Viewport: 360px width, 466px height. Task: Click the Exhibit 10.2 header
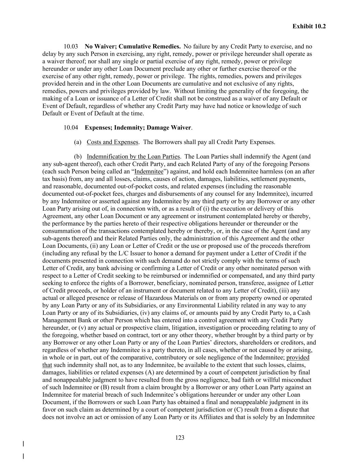coord(309,26)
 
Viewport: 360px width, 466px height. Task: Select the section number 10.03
coord(71,46)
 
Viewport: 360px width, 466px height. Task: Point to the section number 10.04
coord(71,128)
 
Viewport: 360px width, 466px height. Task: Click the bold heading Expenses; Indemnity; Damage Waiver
coord(138,128)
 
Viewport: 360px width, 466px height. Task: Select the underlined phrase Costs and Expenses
coord(113,142)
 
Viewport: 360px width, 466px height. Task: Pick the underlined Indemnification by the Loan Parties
coord(133,157)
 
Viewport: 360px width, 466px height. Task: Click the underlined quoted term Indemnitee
coord(149,172)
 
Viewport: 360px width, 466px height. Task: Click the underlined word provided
coord(298,358)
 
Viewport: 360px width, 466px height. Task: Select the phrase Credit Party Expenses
coord(245,142)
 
